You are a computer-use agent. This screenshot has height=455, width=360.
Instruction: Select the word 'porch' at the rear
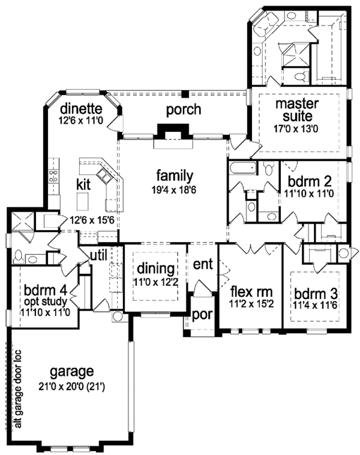pyautogui.click(x=184, y=110)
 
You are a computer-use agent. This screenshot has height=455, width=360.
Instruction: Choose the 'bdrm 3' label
pyautogui.click(x=313, y=294)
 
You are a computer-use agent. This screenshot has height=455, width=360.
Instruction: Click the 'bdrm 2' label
pyautogui.click(x=308, y=180)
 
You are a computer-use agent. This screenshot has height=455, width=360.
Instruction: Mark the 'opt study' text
pyautogui.click(x=47, y=302)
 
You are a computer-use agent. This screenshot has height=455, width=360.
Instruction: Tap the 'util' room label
pyautogui.click(x=98, y=255)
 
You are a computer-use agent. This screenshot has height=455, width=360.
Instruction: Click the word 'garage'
pyautogui.click(x=73, y=370)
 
